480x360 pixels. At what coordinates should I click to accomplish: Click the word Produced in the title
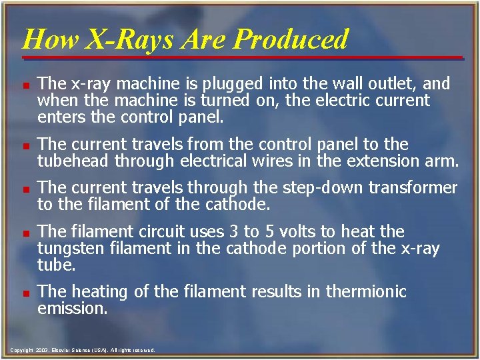(291, 39)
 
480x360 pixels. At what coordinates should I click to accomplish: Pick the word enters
(59, 117)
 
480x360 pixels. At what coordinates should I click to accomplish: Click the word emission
(72, 309)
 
